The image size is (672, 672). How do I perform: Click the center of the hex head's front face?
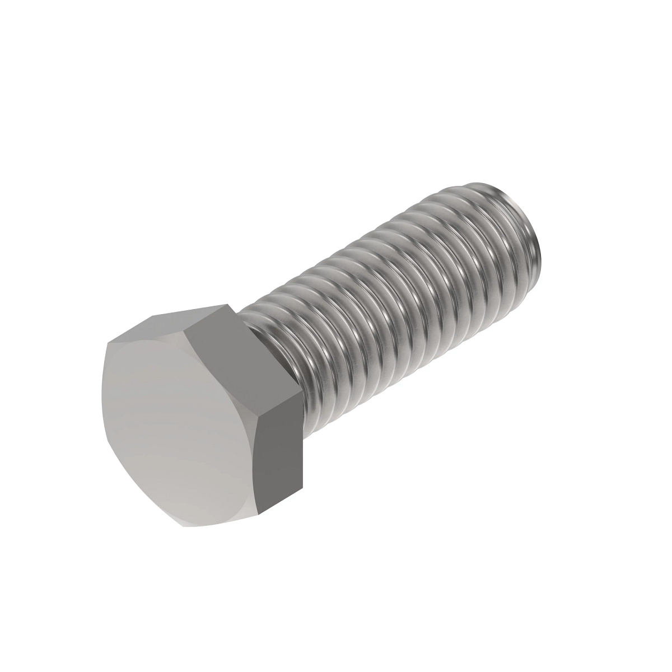(179, 426)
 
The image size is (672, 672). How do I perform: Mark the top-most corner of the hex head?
(229, 305)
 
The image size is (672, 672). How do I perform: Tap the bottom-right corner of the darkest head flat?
(302, 485)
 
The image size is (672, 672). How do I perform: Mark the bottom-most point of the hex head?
(185, 526)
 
